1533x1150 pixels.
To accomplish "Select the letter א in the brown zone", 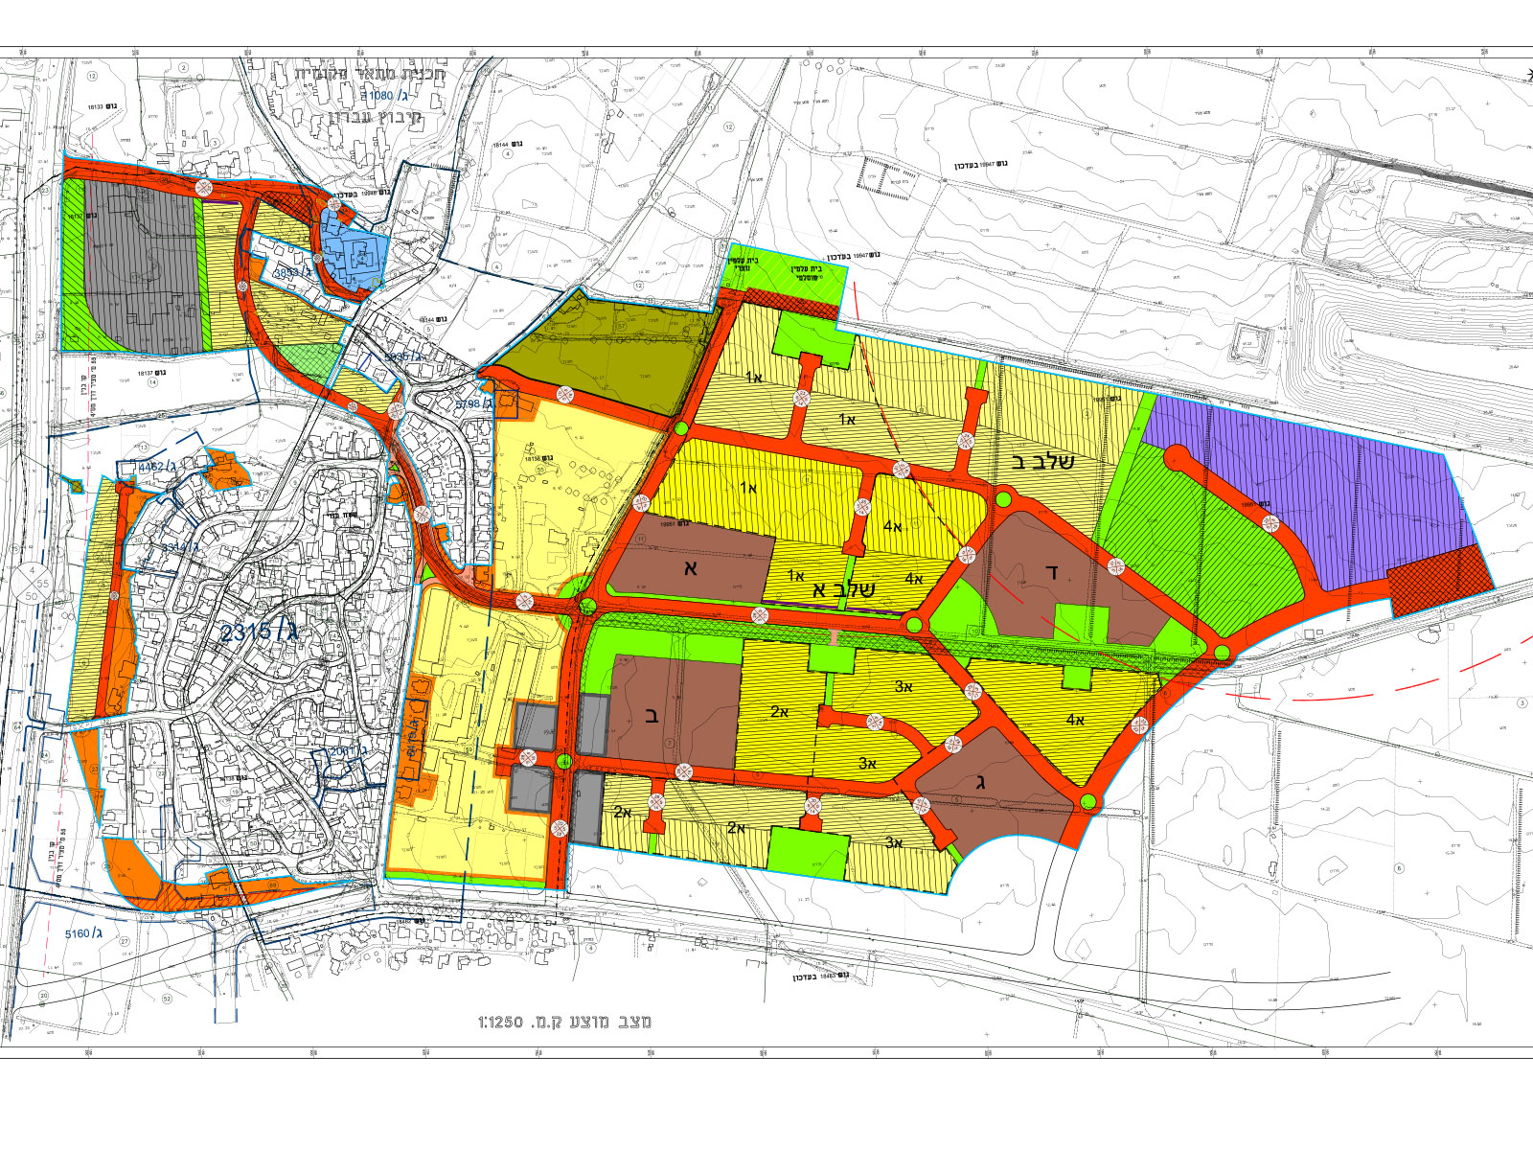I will coord(690,567).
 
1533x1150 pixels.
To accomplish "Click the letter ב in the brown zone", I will coord(652,714).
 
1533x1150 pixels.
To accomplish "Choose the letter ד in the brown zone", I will coord(1051,573).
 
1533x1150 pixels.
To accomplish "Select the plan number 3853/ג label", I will coord(295,272).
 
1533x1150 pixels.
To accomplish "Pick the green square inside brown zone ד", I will coord(1082,623).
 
